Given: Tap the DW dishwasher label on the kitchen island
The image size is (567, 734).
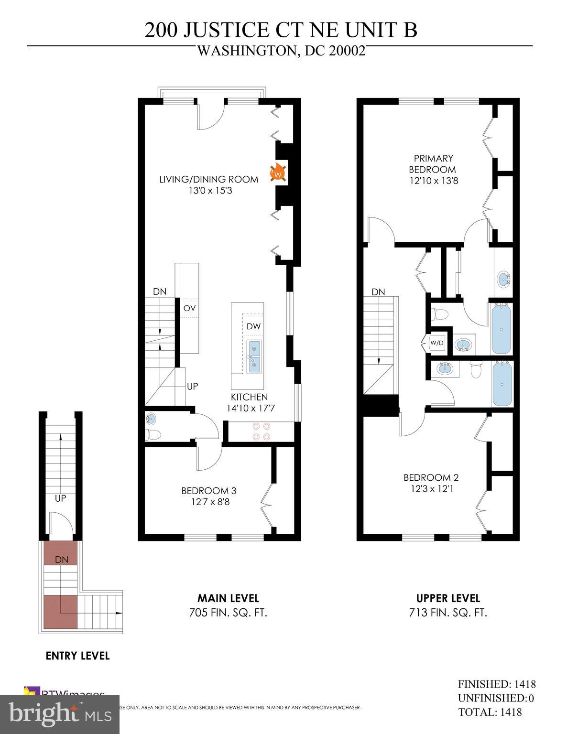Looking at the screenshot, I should point(253,326).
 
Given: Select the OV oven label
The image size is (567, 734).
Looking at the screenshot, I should point(189,308).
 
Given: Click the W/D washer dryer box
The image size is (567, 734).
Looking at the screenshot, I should point(437,343).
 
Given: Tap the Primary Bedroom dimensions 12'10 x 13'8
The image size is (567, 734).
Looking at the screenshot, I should point(434,181).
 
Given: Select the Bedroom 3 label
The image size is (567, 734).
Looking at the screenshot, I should point(208,491).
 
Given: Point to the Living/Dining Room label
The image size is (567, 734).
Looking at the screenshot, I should point(208,180).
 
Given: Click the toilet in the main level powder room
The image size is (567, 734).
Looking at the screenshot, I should point(153,435).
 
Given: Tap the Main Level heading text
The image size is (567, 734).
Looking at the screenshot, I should point(228,598).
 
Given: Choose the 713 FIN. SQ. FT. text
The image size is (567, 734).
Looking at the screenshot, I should point(448,613).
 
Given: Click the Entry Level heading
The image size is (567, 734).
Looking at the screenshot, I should point(77,656).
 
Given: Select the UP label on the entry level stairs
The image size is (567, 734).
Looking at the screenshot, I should point(60,498).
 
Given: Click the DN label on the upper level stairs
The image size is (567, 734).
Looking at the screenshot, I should point(378,292).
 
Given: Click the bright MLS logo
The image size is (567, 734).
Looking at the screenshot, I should point(60,714).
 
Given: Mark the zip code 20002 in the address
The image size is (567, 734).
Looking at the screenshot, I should point(347,51).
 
